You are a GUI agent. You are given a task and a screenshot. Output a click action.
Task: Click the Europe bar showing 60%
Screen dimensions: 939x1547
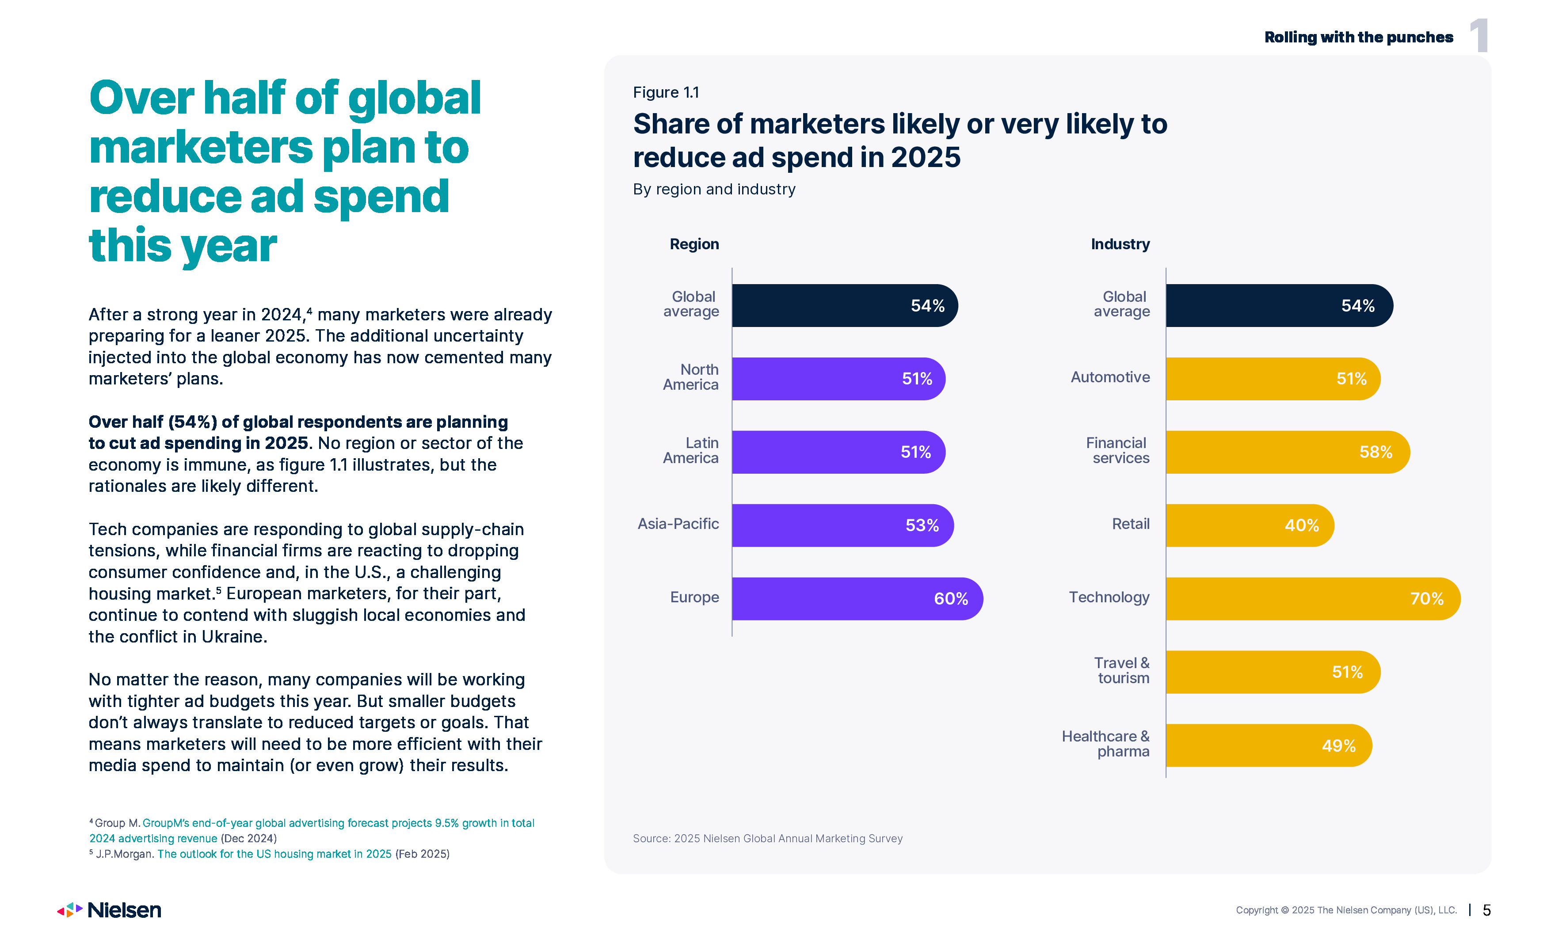click(x=857, y=598)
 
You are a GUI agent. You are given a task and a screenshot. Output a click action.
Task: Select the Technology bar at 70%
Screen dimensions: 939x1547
click(x=1312, y=598)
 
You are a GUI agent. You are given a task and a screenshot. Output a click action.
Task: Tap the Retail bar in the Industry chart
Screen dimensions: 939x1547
click(x=1250, y=525)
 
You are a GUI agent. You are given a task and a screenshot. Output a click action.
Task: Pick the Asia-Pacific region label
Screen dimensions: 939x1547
click(x=678, y=524)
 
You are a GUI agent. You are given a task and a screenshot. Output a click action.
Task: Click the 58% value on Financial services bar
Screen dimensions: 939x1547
click(x=1376, y=452)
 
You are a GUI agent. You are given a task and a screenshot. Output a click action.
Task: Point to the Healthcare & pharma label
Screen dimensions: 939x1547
click(x=1105, y=744)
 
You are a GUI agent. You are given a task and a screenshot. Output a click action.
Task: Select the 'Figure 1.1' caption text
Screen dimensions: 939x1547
click(x=666, y=92)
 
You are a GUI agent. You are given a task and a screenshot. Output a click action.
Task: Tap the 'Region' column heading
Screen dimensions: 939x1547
click(x=694, y=244)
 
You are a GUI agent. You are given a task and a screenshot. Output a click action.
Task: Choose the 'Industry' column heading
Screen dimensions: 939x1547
click(x=1120, y=244)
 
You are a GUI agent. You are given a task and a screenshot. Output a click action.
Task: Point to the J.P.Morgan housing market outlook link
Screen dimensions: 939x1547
click(x=274, y=854)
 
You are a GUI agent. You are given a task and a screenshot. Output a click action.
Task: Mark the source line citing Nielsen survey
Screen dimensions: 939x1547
click(x=767, y=839)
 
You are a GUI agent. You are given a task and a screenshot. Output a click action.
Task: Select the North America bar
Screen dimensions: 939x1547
click(x=838, y=379)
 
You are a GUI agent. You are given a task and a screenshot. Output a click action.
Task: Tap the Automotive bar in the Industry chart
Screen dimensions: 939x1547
click(x=1273, y=379)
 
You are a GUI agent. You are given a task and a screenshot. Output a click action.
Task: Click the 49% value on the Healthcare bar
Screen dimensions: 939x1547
click(x=1338, y=746)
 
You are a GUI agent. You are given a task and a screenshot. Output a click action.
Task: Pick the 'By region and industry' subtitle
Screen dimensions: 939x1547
click(x=714, y=189)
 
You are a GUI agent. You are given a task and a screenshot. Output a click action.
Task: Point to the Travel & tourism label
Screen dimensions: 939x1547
click(x=1122, y=670)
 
